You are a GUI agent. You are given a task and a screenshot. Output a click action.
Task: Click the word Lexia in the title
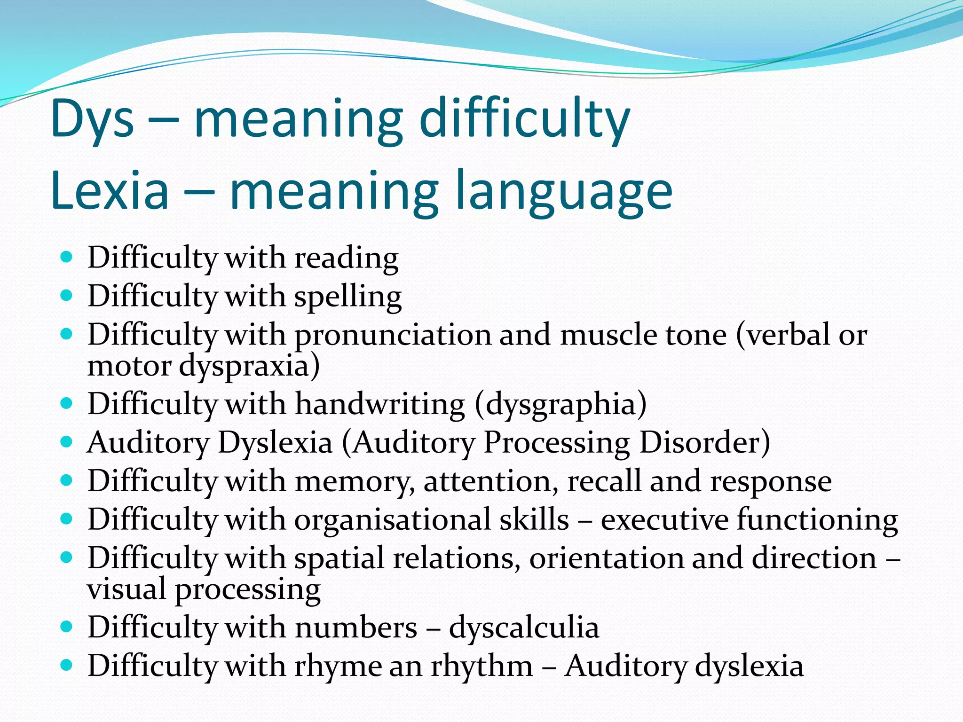(110, 191)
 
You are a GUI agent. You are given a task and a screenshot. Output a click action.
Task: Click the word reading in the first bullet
(347, 259)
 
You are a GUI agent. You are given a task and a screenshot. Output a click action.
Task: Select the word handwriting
(380, 404)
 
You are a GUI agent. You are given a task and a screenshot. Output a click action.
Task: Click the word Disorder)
(704, 443)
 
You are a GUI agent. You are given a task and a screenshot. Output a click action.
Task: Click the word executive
(664, 520)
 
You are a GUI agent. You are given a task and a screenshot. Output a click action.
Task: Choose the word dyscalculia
(524, 628)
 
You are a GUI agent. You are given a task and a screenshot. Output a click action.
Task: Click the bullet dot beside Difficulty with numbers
(67, 627)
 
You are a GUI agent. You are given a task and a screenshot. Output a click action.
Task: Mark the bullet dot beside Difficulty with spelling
(67, 296)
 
